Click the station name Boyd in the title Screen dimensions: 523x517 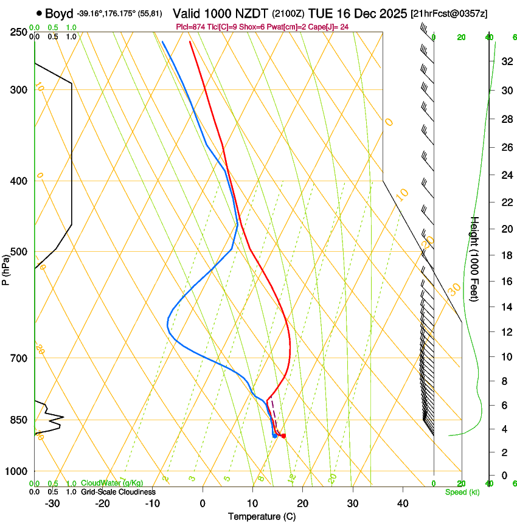click(x=60, y=13)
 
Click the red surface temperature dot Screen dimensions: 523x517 click(x=283, y=435)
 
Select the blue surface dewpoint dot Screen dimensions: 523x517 click(x=275, y=435)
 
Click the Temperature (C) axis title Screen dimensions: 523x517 click(x=262, y=516)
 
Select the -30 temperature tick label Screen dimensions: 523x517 click(x=52, y=504)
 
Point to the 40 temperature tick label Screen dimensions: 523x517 click(x=403, y=504)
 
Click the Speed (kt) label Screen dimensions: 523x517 click(x=462, y=492)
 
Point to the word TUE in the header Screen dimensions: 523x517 click(x=321, y=13)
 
